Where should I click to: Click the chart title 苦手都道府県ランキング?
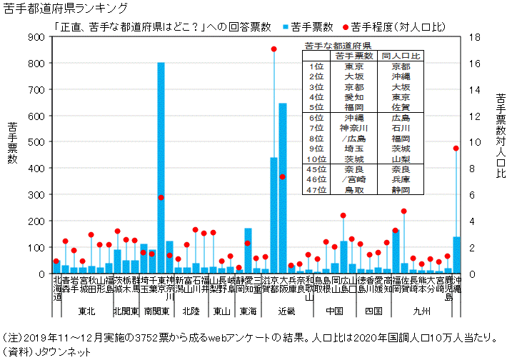pyautogui.click(x=66, y=8)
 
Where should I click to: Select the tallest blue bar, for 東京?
pyautogui.click(x=161, y=168)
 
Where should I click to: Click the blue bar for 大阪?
pyautogui.click(x=283, y=189)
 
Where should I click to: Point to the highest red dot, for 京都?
pyautogui.click(x=273, y=49)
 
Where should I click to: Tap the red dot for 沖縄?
pyautogui.click(x=456, y=148)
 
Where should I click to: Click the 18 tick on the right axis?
pyautogui.click(x=472, y=36)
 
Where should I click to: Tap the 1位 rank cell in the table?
pyautogui.click(x=317, y=66)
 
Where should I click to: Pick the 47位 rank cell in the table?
pyautogui.click(x=317, y=191)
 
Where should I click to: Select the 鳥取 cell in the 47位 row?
pyautogui.click(x=353, y=191)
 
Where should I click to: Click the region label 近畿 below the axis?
pyautogui.click(x=286, y=311)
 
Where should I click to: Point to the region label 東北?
pyautogui.click(x=86, y=311)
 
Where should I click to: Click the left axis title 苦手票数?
pyautogui.click(x=13, y=143)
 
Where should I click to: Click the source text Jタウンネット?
pyautogui.click(x=63, y=351)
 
